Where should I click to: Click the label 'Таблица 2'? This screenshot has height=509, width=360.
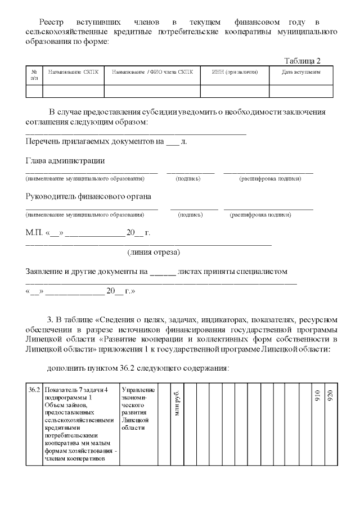(x=302, y=61)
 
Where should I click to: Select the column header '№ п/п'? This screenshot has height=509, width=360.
(x=34, y=75)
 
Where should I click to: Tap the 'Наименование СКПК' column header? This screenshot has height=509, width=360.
(x=73, y=73)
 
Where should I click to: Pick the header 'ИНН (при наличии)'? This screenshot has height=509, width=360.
(x=235, y=73)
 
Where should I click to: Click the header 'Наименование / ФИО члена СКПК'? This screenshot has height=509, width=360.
(x=152, y=73)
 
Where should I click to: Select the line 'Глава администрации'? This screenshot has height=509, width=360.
(x=65, y=161)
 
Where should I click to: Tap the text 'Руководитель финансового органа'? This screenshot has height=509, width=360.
(x=88, y=196)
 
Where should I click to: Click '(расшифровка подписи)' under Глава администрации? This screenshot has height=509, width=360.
(x=270, y=179)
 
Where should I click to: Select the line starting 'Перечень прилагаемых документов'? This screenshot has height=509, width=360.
(x=106, y=141)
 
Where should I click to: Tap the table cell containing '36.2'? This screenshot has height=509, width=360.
(x=34, y=390)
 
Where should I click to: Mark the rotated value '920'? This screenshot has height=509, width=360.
(x=330, y=395)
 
